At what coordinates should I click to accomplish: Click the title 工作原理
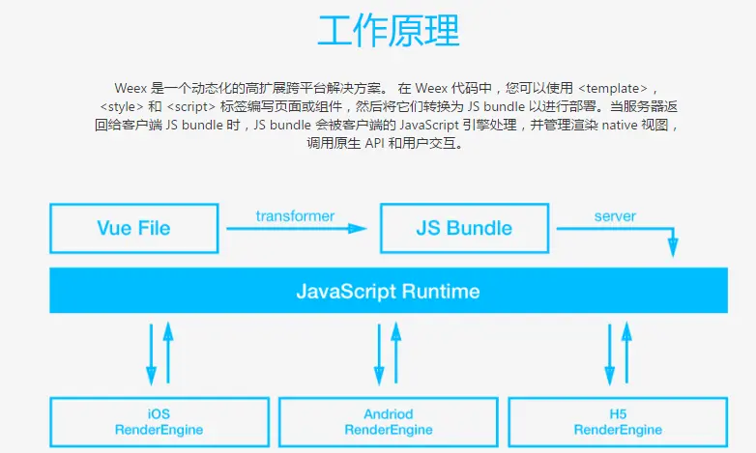[388, 32]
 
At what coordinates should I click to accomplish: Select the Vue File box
[133, 229]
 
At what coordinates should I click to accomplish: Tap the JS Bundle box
[464, 229]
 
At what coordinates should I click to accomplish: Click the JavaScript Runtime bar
[388, 291]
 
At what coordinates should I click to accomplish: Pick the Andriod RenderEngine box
[388, 422]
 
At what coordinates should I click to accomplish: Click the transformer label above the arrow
[295, 215]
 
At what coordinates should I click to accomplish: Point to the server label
[615, 215]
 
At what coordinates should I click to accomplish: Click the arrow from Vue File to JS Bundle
[296, 229]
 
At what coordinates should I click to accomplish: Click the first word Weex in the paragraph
[131, 87]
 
